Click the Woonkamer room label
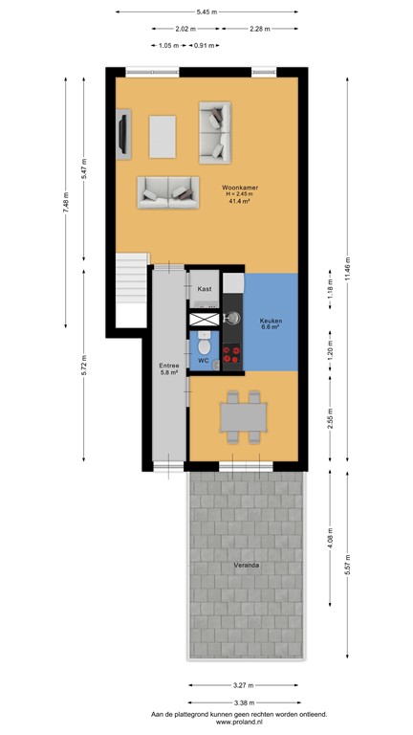237,188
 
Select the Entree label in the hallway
168,366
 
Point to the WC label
204,361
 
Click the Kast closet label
205,288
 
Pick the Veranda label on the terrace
246,566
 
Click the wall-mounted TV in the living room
121,134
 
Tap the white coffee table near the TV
163,136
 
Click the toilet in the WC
203,343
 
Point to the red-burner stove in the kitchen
232,354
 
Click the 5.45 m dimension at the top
206,11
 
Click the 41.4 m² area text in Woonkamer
238,202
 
